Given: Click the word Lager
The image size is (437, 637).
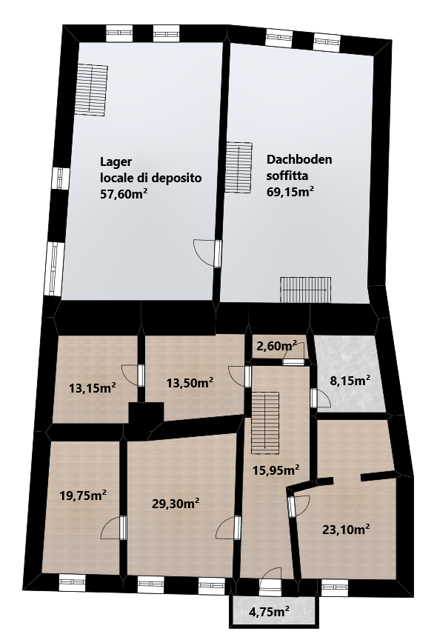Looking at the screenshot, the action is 116,162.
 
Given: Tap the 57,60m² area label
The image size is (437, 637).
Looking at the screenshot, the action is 124,194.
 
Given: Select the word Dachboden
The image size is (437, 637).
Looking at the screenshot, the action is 299,159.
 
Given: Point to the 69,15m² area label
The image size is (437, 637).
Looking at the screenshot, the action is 290,191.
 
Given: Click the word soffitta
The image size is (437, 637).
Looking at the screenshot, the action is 287,176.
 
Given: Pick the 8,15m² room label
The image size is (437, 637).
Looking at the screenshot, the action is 350,381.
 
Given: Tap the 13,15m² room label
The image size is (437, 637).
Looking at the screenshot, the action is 92,388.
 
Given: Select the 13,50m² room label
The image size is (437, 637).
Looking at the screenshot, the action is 190,382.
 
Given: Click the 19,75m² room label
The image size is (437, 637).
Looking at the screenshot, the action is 83,496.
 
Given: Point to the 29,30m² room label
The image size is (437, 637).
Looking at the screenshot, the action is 176,504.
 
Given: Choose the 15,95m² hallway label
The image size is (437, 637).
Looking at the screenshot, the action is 276,470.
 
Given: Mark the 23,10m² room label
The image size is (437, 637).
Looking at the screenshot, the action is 346,530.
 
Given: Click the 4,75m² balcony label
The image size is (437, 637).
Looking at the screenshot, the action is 270,610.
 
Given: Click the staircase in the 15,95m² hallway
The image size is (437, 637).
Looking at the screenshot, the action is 265,422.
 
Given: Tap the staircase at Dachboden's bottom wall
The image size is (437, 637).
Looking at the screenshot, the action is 305,290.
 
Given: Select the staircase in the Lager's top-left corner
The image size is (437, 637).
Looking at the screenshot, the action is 91,90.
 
